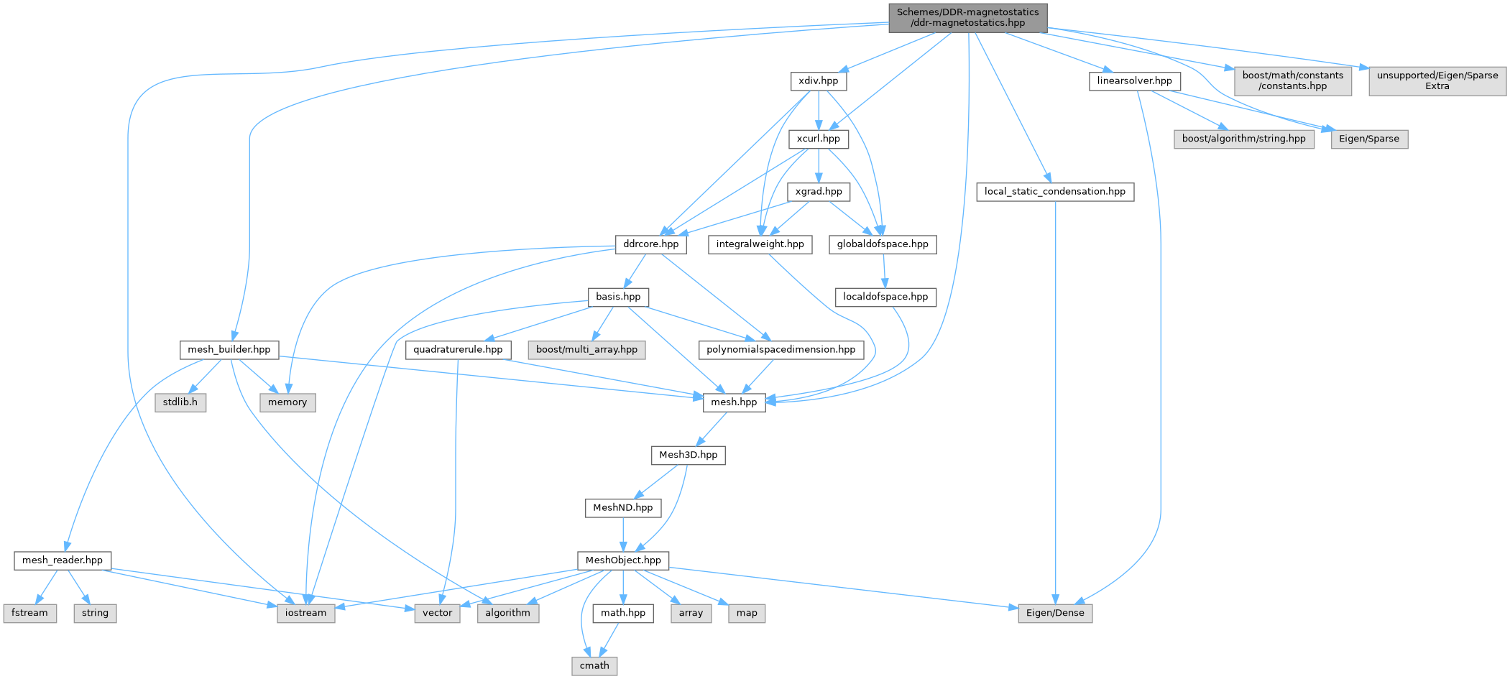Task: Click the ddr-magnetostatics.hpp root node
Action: [x=967, y=17]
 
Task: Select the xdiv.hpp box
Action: [x=818, y=81]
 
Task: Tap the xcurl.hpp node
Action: [x=818, y=139]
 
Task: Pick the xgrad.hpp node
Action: [x=819, y=192]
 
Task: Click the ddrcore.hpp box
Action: [x=650, y=244]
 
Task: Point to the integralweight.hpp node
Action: [x=760, y=244]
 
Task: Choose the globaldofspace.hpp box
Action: [x=883, y=244]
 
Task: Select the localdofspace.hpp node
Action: [x=885, y=297]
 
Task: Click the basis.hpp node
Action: [x=618, y=297]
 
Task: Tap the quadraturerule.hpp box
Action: [x=458, y=350]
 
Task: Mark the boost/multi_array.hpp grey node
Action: [x=586, y=350]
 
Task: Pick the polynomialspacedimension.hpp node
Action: [x=781, y=350]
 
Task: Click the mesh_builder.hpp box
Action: [x=229, y=350]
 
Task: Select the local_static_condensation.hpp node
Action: [x=1054, y=192]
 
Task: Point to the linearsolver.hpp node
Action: [x=1134, y=81]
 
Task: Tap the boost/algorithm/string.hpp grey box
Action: [x=1243, y=139]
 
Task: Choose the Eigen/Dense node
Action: [x=1055, y=613]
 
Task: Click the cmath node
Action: [x=594, y=666]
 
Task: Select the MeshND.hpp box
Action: [x=622, y=508]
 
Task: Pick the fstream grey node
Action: [x=29, y=613]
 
